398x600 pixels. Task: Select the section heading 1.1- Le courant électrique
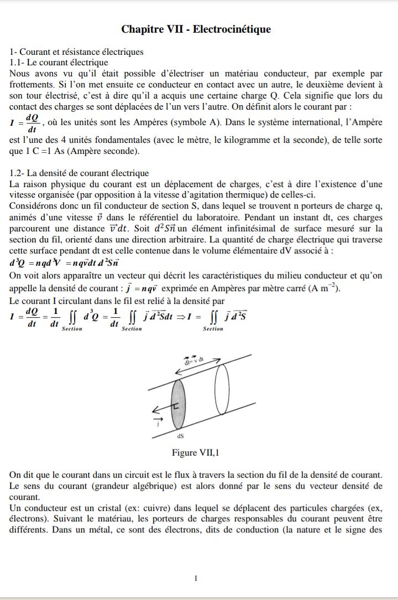pyautogui.click(x=59, y=63)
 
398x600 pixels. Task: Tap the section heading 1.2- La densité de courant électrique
pyautogui.click(x=80, y=173)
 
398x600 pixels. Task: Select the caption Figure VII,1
pyautogui.click(x=196, y=453)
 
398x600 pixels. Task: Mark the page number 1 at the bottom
pyautogui.click(x=196, y=578)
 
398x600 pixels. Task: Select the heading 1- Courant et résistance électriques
pyautogui.click(x=77, y=52)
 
